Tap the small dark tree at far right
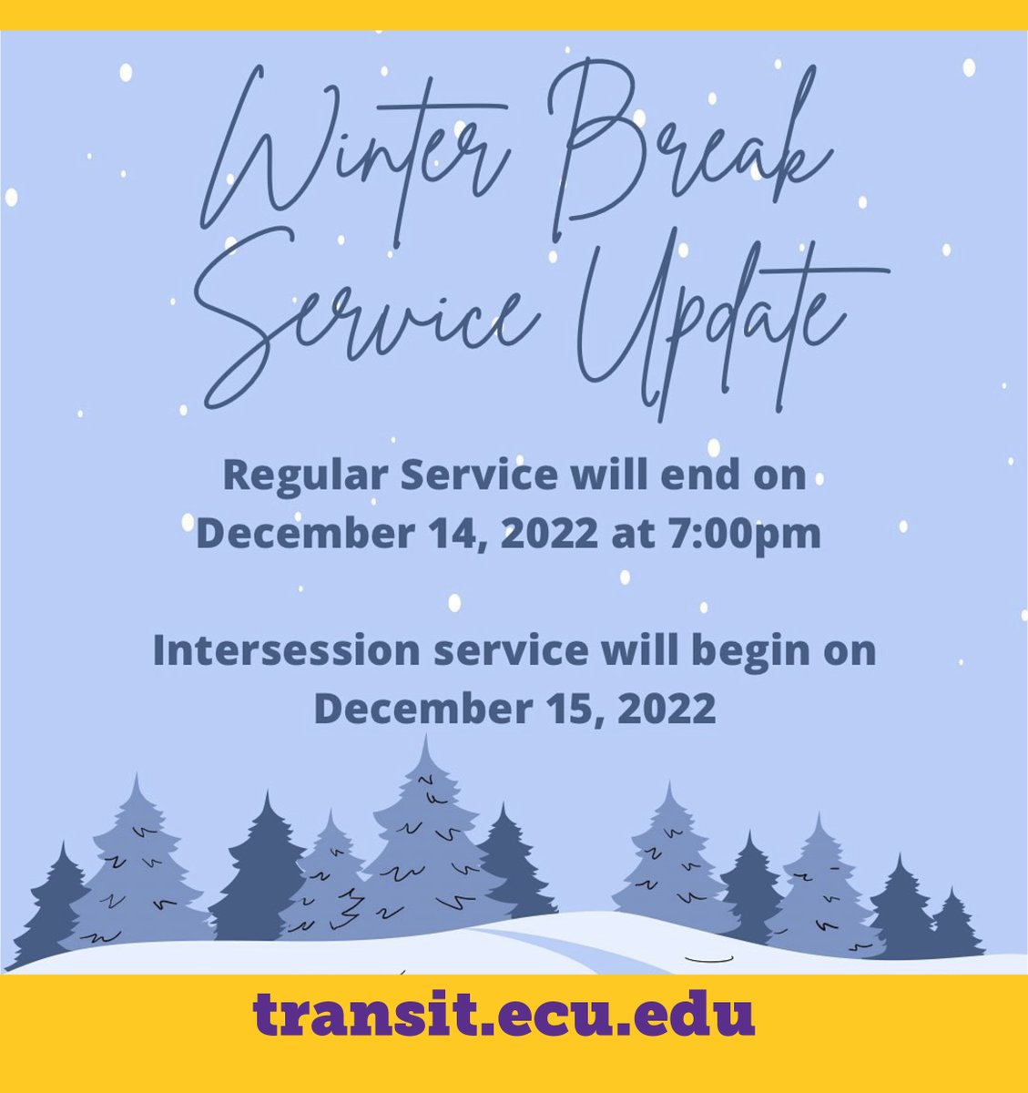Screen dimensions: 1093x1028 (953, 924)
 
